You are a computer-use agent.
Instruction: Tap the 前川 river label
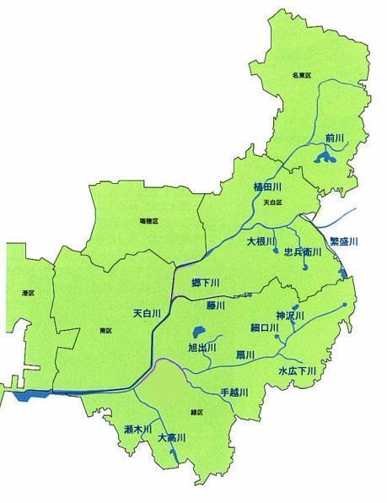(334, 137)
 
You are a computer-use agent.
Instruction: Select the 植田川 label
(266, 186)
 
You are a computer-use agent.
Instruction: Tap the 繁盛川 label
(343, 241)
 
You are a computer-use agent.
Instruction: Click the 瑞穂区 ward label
(149, 220)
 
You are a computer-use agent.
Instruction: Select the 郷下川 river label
(200, 282)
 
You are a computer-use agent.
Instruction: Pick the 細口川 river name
(264, 327)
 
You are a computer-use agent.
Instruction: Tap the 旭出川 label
(203, 347)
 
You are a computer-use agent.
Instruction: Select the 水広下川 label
(297, 370)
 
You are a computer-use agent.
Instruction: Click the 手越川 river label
(236, 392)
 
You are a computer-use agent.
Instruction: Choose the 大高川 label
(172, 438)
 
